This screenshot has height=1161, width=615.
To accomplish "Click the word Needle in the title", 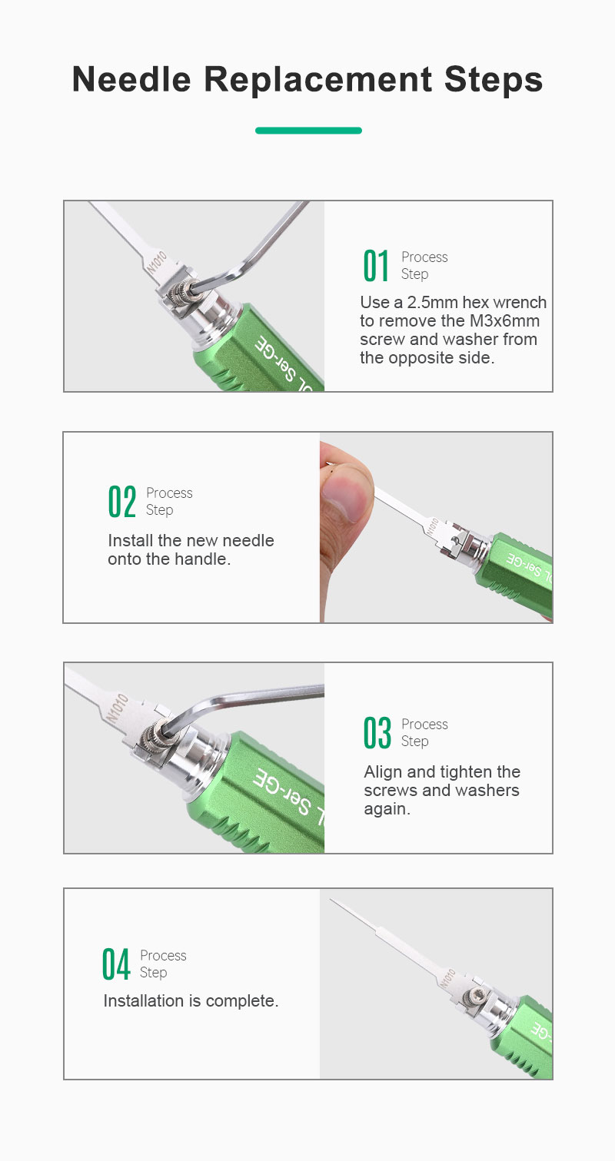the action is point(131,79).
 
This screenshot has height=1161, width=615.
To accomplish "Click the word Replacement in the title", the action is point(317,81).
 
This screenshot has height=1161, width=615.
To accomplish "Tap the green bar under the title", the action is point(308,131).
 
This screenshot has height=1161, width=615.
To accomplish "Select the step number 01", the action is point(375,265).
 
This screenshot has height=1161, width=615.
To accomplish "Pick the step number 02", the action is point(122,501).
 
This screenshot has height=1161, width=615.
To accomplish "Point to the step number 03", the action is point(377,732).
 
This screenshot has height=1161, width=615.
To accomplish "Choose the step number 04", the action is point(115,964).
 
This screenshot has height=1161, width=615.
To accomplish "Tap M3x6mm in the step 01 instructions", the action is point(504,321).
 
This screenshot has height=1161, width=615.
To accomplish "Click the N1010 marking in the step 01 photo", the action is point(156,262).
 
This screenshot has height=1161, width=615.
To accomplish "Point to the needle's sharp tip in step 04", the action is point(331,900).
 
